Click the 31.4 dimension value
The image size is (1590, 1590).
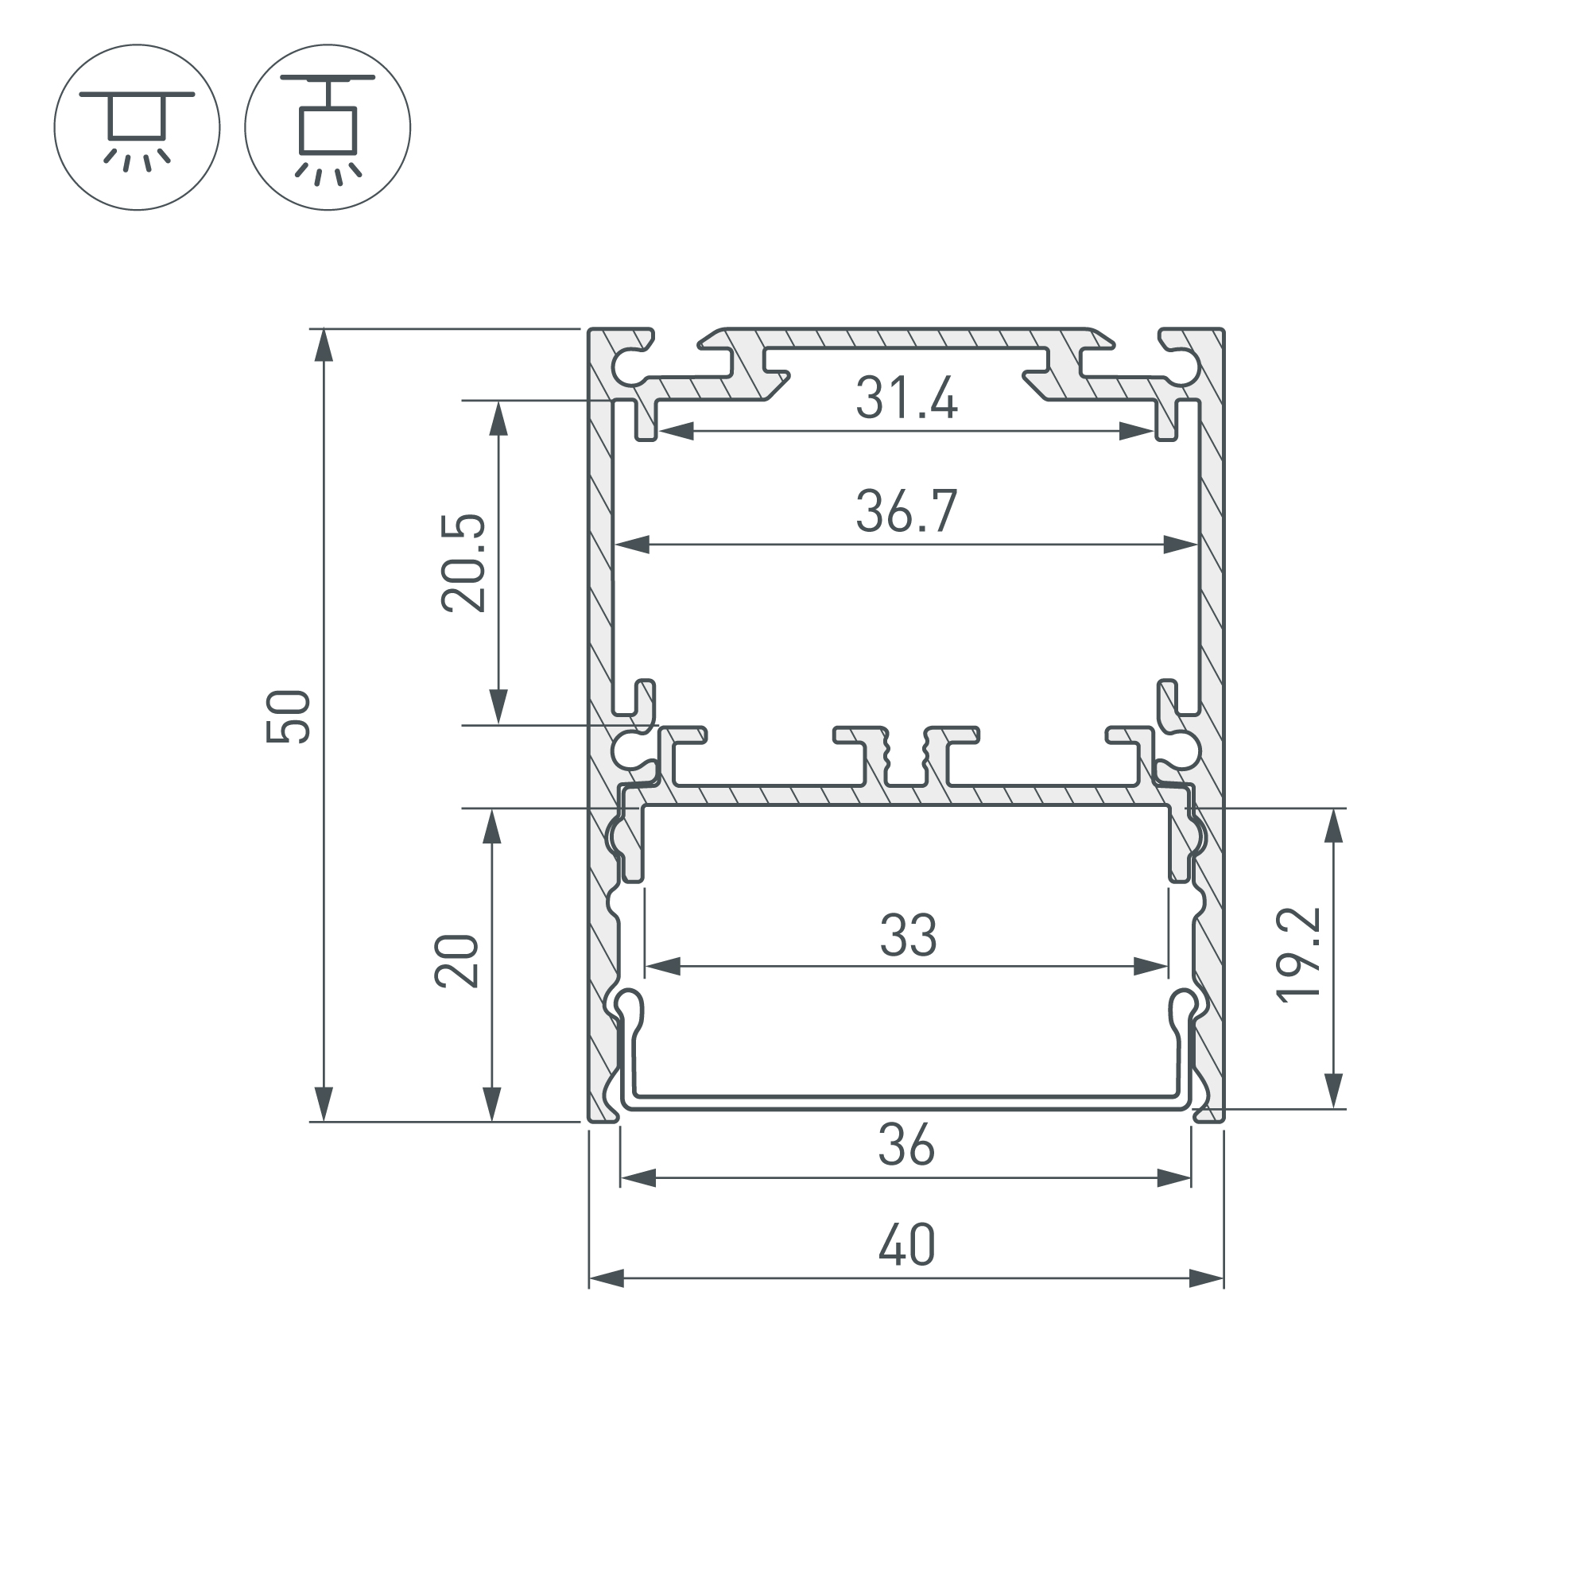click(906, 398)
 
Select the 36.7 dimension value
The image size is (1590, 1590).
click(906, 511)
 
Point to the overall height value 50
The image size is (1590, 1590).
click(289, 717)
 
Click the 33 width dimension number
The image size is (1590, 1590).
click(908, 936)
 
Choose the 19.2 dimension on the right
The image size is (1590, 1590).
click(1298, 955)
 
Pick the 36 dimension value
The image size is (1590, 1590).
click(906, 1146)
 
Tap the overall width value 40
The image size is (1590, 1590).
click(906, 1246)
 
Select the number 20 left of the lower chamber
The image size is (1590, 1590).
click(457, 961)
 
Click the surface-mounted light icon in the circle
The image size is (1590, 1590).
click(138, 127)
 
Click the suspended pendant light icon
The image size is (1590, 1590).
click(328, 127)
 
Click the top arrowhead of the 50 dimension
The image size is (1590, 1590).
click(324, 346)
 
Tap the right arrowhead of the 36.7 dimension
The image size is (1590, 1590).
click(1180, 545)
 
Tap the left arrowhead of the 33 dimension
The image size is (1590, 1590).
click(663, 967)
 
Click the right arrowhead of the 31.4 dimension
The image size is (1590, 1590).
click(1137, 431)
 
